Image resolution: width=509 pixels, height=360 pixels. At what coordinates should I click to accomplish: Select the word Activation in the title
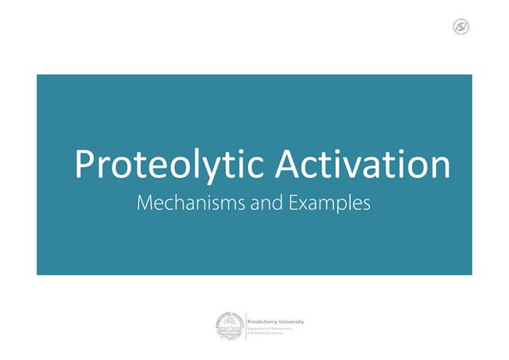point(363,165)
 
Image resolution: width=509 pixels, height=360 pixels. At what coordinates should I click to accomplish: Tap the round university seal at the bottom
point(229,326)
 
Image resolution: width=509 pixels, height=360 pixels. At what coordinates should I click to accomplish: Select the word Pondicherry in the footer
point(263,321)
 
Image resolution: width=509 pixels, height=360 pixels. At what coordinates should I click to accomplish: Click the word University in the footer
point(291,321)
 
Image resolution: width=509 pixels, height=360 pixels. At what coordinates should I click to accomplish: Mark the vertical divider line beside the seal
point(245,326)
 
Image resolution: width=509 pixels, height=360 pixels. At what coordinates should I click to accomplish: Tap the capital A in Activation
point(287,165)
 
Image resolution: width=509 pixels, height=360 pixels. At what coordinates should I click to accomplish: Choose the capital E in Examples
point(293,203)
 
